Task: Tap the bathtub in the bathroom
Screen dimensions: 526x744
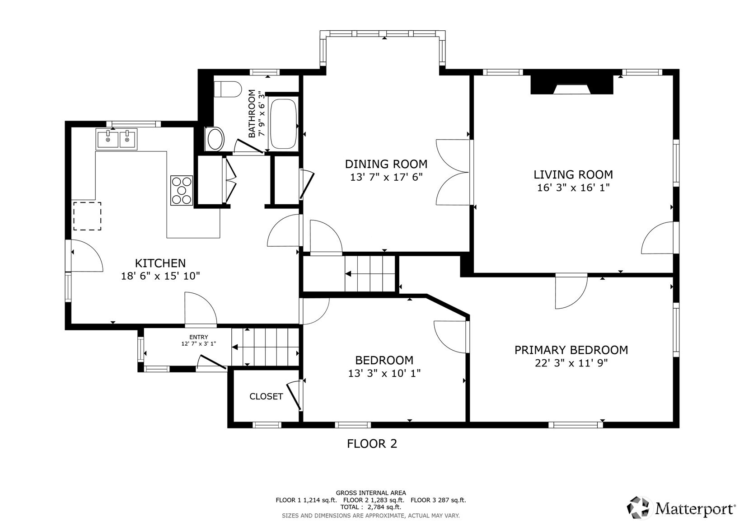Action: [x=283, y=123]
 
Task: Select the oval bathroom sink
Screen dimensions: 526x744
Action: [x=215, y=139]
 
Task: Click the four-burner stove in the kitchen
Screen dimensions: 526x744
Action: [x=182, y=190]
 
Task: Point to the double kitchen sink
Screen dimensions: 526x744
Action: [x=117, y=139]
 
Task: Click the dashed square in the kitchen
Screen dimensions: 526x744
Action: [x=87, y=216]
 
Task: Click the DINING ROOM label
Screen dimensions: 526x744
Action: [x=386, y=164]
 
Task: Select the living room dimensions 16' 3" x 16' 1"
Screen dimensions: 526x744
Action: [x=573, y=188]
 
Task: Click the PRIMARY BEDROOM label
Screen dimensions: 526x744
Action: [x=571, y=350]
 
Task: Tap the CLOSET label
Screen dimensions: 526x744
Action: [x=266, y=396]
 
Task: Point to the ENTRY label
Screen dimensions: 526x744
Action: [x=199, y=337]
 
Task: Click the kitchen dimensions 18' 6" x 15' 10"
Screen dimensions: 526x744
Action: [x=160, y=276]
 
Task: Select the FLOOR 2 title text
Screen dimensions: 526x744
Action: [x=372, y=444]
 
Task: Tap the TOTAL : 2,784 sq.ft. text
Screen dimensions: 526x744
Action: [x=370, y=507]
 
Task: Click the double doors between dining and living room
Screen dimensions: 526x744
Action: [x=454, y=172]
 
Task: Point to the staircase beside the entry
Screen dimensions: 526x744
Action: [x=265, y=347]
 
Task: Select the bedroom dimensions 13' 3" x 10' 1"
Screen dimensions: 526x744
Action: [x=384, y=373]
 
